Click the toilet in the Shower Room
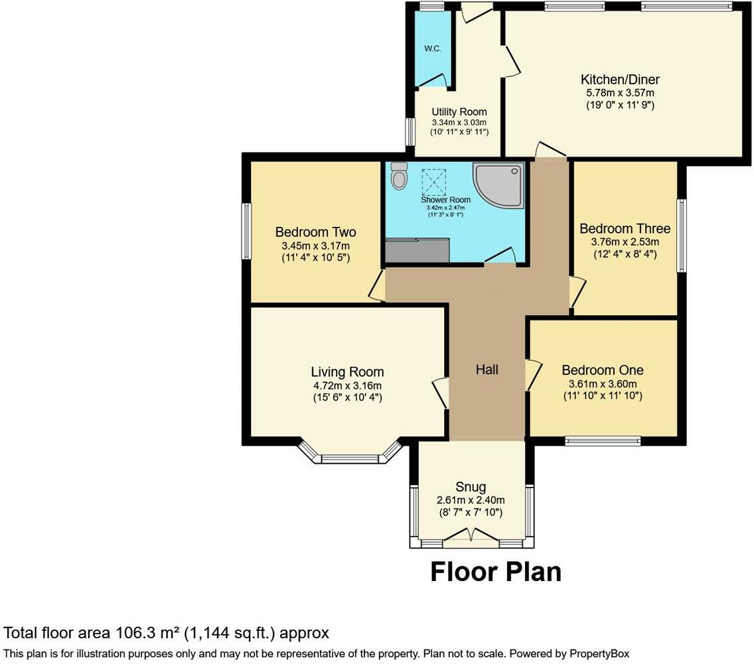pyautogui.click(x=399, y=176)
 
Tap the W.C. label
pyautogui.click(x=432, y=48)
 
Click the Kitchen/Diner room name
pyautogui.click(x=620, y=80)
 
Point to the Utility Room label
pyautogui.click(x=459, y=112)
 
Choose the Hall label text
pyautogui.click(x=487, y=369)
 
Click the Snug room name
pyautogui.click(x=471, y=487)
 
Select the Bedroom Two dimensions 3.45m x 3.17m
pyautogui.click(x=315, y=245)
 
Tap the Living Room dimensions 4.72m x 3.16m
pyautogui.click(x=347, y=385)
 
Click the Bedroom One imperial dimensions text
pyautogui.click(x=603, y=396)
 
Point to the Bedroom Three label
pyautogui.click(x=625, y=228)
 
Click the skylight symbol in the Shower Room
pyautogui.click(x=433, y=182)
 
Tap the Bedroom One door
pyautogui.click(x=533, y=375)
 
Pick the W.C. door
pyautogui.click(x=433, y=81)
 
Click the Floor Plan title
pyautogui.click(x=496, y=572)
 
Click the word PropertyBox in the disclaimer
pyautogui.click(x=599, y=653)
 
